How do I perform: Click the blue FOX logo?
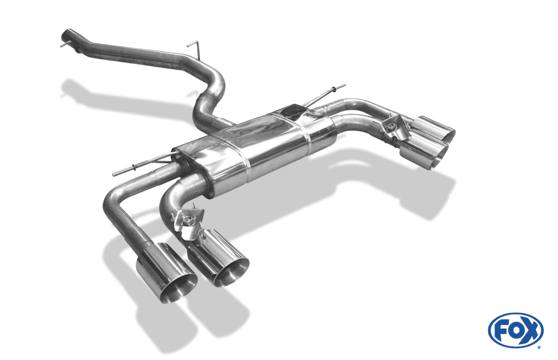click(x=516, y=330)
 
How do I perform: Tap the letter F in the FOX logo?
click(x=502, y=331)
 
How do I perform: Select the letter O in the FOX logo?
click(x=516, y=330)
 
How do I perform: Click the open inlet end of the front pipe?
click(x=66, y=35)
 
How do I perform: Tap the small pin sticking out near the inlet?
click(x=64, y=45)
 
